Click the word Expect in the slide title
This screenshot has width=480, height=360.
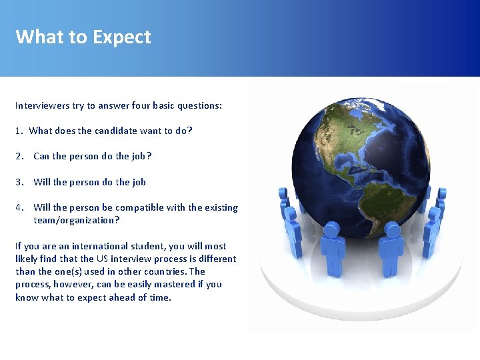[x=122, y=37]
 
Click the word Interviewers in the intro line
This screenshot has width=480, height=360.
[x=41, y=105]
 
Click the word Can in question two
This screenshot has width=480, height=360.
[x=41, y=156]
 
